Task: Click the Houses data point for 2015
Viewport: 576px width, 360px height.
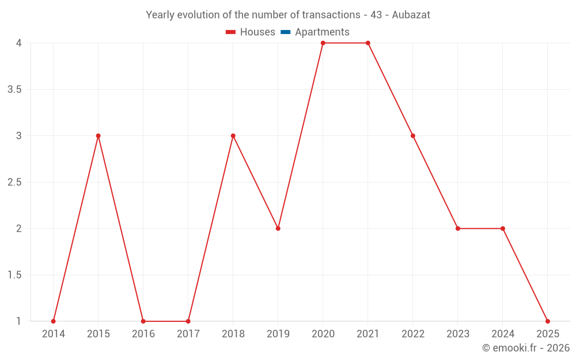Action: pos(98,136)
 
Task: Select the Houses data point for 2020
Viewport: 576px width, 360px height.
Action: pos(323,43)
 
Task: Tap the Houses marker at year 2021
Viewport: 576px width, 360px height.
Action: pos(368,43)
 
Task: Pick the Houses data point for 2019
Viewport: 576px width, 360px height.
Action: pos(278,229)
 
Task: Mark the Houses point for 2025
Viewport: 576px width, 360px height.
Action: pos(548,321)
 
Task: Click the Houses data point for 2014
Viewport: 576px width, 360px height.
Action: pos(54,321)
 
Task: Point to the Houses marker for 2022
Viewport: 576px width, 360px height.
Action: pos(413,136)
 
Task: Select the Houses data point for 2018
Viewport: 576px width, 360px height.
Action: pos(233,136)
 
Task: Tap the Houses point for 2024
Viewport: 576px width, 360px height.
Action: pos(503,229)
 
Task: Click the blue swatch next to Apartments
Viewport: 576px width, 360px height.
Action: pos(285,32)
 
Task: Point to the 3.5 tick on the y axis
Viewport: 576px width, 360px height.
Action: pos(15,89)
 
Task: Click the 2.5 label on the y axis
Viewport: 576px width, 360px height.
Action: pos(15,182)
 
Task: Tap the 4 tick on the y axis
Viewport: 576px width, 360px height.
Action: pos(19,43)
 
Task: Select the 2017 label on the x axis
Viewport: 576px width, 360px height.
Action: pos(188,334)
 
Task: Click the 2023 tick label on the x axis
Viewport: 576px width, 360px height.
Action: pos(458,334)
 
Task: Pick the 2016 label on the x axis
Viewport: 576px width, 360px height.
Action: pos(143,334)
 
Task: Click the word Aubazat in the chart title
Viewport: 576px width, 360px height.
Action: pos(411,15)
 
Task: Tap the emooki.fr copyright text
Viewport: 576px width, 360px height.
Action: pos(526,348)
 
